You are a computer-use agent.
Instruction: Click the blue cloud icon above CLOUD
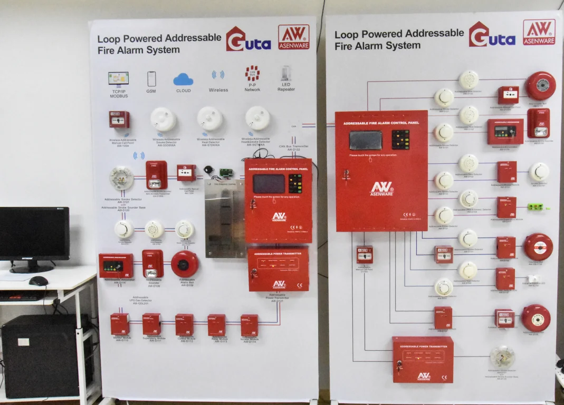tap(183, 79)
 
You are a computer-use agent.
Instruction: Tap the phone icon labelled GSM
tap(151, 79)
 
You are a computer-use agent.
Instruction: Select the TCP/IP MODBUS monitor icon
tap(118, 78)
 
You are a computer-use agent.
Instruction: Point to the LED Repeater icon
tap(286, 74)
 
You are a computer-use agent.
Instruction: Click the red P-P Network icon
tap(252, 73)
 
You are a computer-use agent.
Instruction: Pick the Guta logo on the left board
tap(248, 40)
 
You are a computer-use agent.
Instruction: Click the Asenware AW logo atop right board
tap(539, 32)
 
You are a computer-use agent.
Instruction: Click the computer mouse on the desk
tap(38, 281)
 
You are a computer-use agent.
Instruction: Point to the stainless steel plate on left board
tap(225, 219)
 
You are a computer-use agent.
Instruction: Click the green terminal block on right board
tap(538, 207)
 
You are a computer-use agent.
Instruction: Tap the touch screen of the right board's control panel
tap(365, 140)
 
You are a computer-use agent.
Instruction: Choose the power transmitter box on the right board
tap(423, 360)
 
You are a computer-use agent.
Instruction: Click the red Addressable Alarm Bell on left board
tap(185, 263)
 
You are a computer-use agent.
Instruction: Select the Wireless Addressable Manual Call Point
tap(119, 119)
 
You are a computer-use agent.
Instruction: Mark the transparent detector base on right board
tap(502, 357)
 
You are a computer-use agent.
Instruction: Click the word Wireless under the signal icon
tap(218, 90)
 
